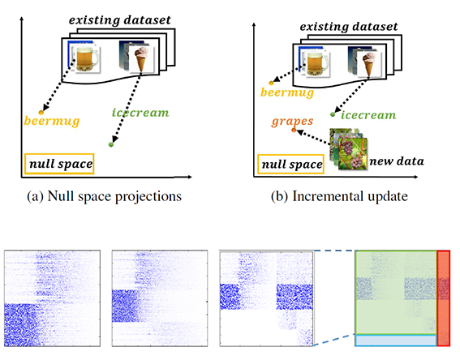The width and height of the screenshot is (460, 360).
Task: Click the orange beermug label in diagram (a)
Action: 52,121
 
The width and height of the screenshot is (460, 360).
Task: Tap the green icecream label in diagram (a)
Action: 140,113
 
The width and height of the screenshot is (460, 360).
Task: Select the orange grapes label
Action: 292,122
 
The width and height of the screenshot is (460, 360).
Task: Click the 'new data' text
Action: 397,161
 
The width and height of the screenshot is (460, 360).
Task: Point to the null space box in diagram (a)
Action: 59,164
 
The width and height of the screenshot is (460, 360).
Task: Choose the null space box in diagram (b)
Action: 290,164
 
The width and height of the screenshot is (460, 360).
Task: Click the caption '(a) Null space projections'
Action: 104,196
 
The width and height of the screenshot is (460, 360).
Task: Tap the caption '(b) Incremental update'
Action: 339,196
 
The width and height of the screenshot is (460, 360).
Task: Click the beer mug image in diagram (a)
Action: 86,59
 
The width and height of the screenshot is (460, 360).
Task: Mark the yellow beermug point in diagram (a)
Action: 41,113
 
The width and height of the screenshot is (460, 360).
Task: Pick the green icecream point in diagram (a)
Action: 111,144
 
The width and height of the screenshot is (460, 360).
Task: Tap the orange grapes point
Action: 294,130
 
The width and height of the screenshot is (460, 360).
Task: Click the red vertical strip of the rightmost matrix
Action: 443,298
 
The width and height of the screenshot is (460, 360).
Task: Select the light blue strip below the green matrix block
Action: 396,341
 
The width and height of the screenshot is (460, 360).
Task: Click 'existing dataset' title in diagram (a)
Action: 120,20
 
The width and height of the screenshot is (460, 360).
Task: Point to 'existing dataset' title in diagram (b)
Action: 349,27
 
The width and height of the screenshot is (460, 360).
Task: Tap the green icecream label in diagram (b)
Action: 368,115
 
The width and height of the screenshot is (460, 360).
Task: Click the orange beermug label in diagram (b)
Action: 287,92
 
